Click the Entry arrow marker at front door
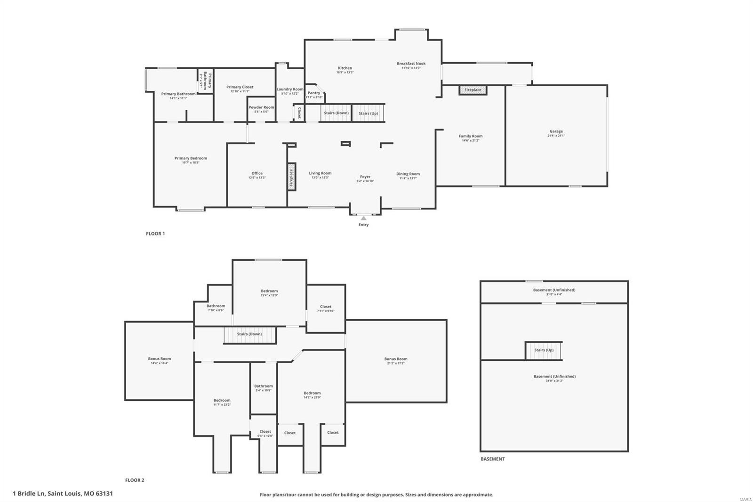tap(363, 218)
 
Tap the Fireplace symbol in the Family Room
tap(473, 90)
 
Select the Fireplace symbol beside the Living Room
tap(291, 178)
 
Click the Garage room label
tap(556, 131)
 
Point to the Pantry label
tap(314, 93)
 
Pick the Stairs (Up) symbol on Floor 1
tap(368, 113)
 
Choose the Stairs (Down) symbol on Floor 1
tap(336, 113)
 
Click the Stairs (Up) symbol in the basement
tap(544, 350)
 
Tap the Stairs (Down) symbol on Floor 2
tap(249, 335)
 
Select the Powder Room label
tap(261, 107)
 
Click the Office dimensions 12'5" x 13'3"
tap(257, 178)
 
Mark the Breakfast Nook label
tap(411, 64)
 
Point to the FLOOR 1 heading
tap(155, 234)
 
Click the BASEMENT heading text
tap(492, 459)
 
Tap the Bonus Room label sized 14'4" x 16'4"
tap(160, 359)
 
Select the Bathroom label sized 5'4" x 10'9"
tap(264, 386)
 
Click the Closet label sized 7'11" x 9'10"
tap(326, 307)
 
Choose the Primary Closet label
tap(240, 87)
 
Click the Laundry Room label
tap(290, 89)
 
